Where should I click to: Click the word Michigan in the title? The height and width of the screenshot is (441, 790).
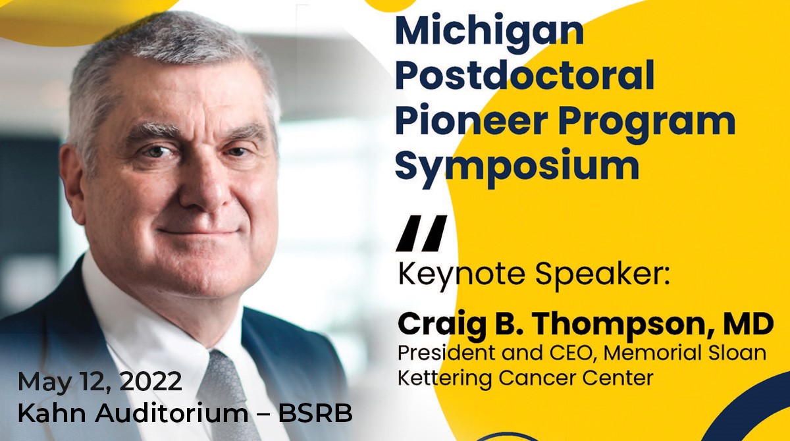[488, 31]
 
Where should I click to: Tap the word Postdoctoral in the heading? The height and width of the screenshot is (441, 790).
[525, 76]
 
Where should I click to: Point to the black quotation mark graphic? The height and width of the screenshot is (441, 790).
[421, 233]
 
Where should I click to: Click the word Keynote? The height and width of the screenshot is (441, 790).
[446, 274]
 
